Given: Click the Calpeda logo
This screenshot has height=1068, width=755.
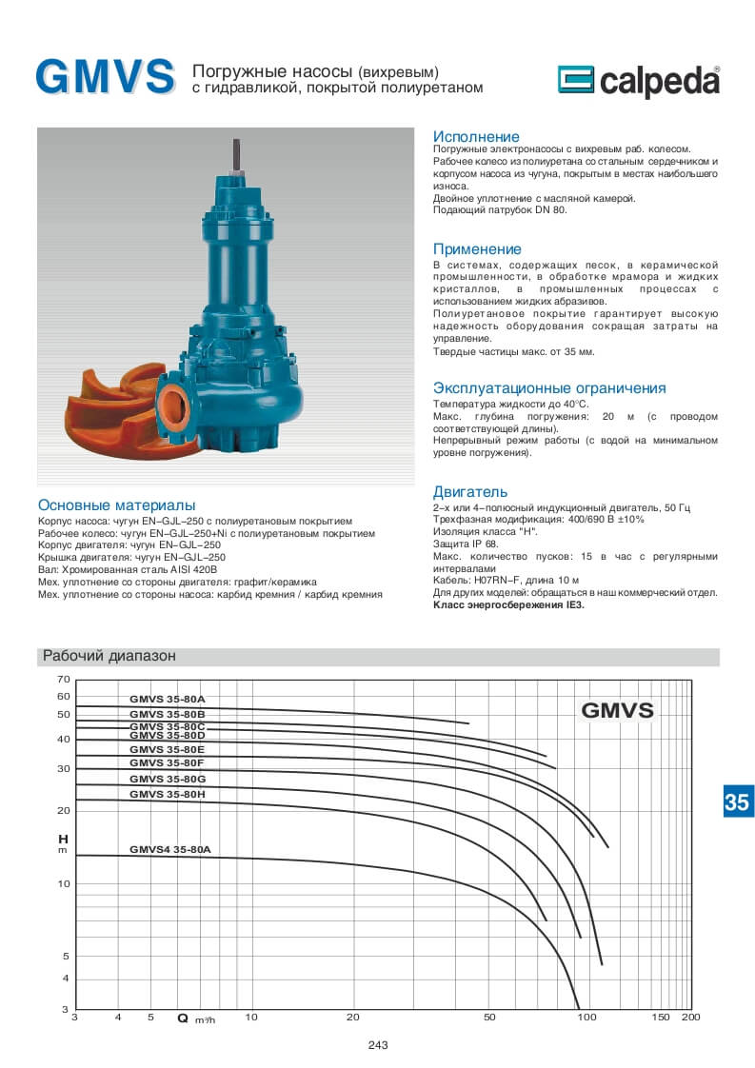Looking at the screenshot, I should pyautogui.click(x=637, y=82).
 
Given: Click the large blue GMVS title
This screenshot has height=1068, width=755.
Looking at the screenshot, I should pyautogui.click(x=105, y=77).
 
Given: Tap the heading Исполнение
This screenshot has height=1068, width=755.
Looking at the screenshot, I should pyautogui.click(x=476, y=137).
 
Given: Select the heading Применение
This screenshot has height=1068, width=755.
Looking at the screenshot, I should pyautogui.click(x=477, y=249).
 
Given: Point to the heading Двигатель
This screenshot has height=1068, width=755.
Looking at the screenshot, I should pyautogui.click(x=470, y=492).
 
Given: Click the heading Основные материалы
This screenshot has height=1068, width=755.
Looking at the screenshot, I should pyautogui.click(x=116, y=504).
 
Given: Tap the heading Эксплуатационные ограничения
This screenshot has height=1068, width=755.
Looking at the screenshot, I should pyautogui.click(x=549, y=388).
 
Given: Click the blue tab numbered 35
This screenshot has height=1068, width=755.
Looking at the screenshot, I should pyautogui.click(x=736, y=801).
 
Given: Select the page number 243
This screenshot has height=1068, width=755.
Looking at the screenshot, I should pyautogui.click(x=377, y=1045).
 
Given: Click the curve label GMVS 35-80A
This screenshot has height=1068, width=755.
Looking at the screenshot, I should pyautogui.click(x=167, y=700).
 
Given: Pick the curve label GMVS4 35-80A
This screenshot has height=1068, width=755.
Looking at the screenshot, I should pyautogui.click(x=169, y=848).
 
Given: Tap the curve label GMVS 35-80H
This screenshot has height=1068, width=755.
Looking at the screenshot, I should pyautogui.click(x=167, y=794).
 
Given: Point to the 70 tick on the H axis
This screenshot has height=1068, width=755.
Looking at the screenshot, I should pyautogui.click(x=64, y=679).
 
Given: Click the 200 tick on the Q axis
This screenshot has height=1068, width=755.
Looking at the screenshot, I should pyautogui.click(x=691, y=1018).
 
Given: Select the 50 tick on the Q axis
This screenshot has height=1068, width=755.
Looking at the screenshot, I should pyautogui.click(x=489, y=1018).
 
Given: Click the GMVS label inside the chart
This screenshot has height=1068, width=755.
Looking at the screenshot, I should pyautogui.click(x=617, y=710).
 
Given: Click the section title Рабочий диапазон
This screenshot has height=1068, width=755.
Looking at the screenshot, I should pyautogui.click(x=109, y=656).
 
